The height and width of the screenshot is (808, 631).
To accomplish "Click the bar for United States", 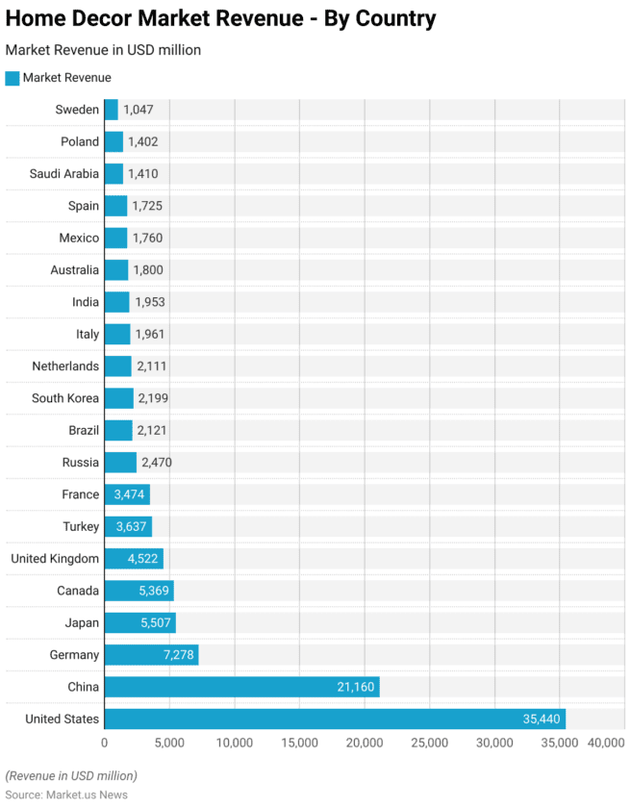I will coord(334,719).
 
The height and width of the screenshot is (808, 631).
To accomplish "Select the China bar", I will coord(241,687).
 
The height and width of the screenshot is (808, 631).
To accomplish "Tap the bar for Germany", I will coord(151,655).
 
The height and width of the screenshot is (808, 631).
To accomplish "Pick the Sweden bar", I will coord(111,110).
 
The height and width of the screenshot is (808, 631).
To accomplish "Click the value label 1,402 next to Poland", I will coord(142,141).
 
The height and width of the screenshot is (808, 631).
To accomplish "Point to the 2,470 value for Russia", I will coord(157,463).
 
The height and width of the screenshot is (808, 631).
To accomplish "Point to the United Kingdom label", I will coord(55,559).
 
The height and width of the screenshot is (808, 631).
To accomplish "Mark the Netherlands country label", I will coord(65,366).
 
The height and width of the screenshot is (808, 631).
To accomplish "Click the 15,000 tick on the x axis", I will coord(300,743).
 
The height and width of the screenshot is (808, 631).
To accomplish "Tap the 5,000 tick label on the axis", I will coord(169,743).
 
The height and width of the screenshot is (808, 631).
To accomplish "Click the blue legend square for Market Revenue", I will coord(12,78).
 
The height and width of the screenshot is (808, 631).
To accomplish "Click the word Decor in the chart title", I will coord(114,18).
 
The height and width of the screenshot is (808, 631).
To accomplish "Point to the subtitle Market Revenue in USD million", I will coord(103,49).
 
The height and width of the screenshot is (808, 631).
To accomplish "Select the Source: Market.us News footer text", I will coord(66,795).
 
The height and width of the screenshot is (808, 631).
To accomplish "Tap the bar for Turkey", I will coord(128,526).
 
